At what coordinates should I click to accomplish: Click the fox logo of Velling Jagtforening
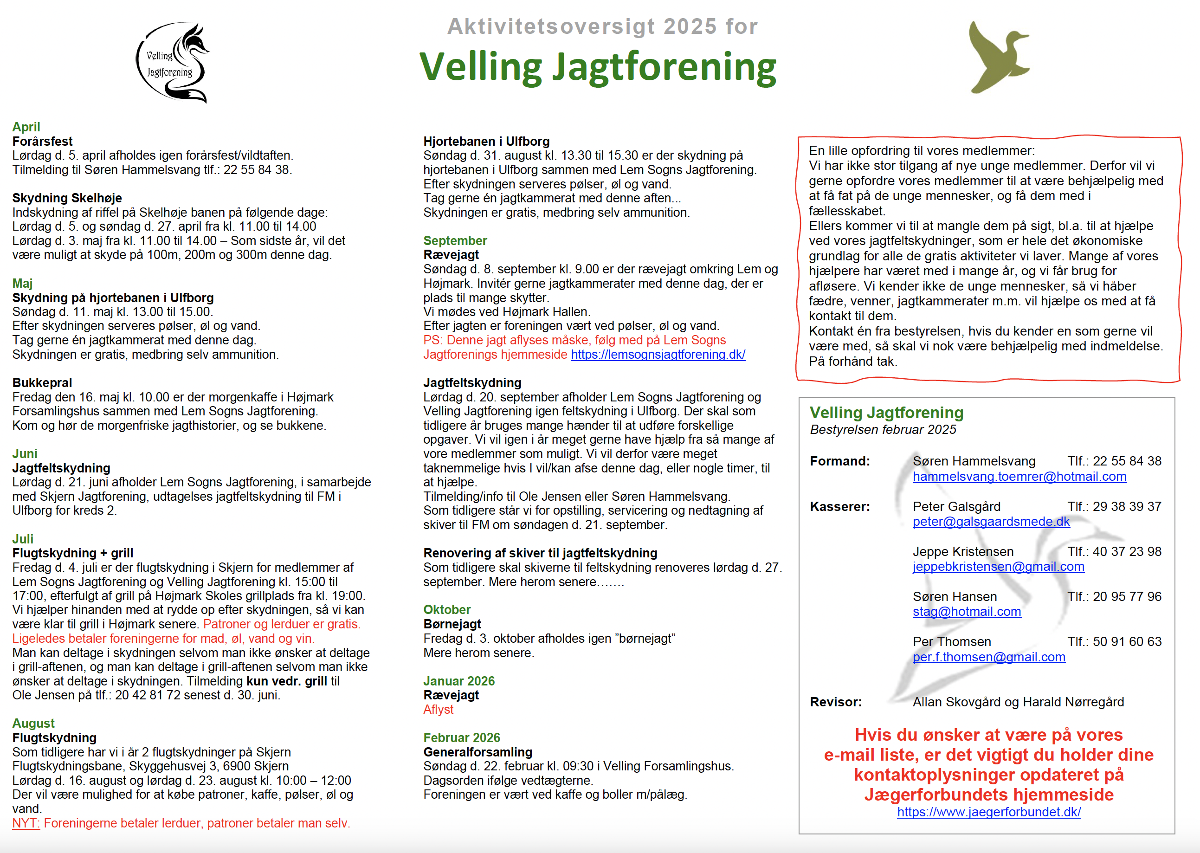[x=172, y=63]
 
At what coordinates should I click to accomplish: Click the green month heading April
[x=26, y=127]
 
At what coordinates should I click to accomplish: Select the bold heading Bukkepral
[x=42, y=382]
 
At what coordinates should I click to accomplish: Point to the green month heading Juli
[x=23, y=539]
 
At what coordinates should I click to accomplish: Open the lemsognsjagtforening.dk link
[x=658, y=355]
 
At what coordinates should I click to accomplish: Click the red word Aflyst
[x=438, y=709]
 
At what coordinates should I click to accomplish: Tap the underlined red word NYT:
[x=26, y=823]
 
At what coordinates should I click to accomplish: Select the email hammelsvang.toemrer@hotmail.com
[x=1019, y=477]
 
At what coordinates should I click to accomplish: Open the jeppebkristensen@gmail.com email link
[x=998, y=567]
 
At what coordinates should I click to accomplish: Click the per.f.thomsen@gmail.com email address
[x=988, y=657]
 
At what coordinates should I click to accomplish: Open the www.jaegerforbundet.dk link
[x=988, y=812]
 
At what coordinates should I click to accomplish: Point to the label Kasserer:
[x=839, y=506]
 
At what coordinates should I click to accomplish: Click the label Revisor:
[x=836, y=702]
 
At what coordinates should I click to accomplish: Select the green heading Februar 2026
[x=461, y=737]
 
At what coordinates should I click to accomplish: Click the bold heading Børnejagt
[x=452, y=624]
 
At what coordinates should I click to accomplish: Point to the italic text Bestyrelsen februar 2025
[x=882, y=430]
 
